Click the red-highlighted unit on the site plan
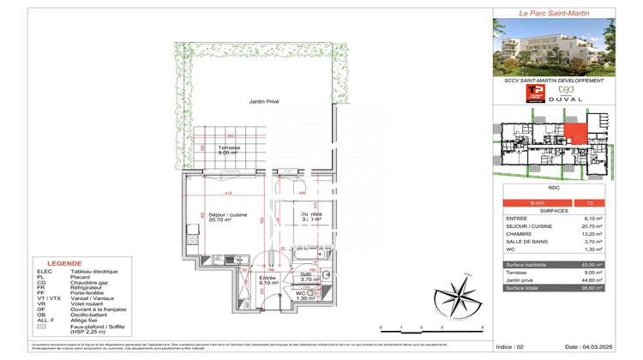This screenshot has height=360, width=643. click(x=576, y=135)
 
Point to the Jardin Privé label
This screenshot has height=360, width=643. click(x=264, y=102)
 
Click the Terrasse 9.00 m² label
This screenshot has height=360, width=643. click(x=228, y=150)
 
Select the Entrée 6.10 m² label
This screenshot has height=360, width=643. click(x=268, y=280)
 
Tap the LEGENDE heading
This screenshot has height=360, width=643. click(x=64, y=264)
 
